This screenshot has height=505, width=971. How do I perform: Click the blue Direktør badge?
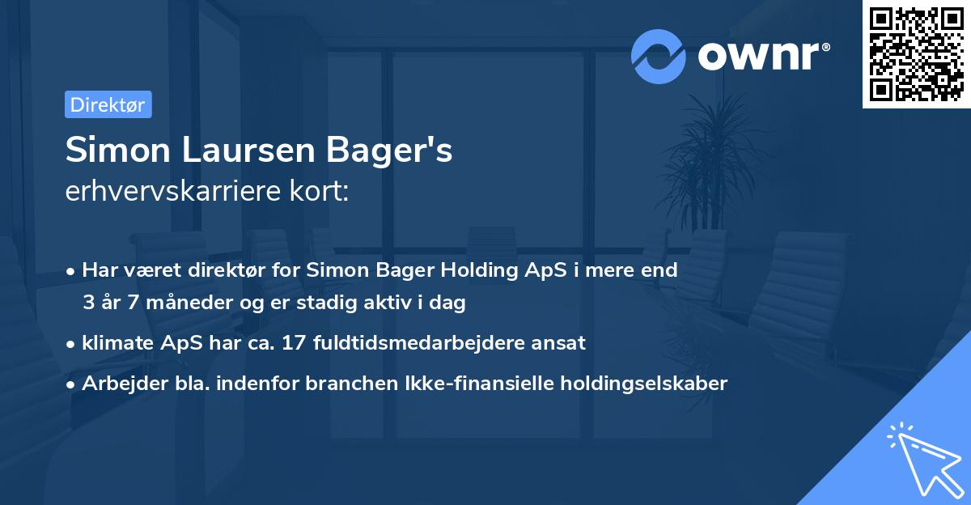(108, 104)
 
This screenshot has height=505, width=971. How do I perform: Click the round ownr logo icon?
(659, 56)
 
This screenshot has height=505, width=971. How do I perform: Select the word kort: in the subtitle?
(320, 192)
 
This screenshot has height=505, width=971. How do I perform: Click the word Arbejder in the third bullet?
(118, 383)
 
